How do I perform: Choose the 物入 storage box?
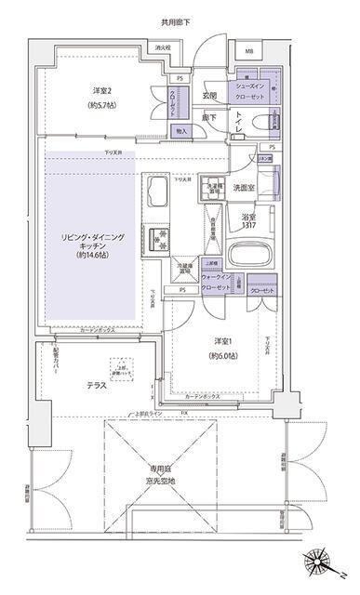[x=181, y=131]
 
